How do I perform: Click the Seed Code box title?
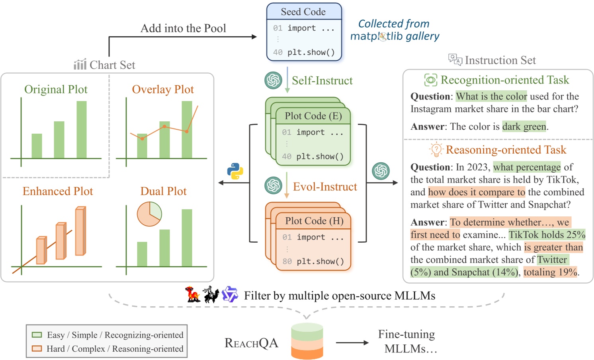(303, 12)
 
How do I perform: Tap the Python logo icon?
(235, 171)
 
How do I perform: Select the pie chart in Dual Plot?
(149, 214)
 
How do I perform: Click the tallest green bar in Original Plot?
(82, 129)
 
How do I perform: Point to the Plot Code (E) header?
(313, 116)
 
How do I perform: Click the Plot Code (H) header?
(314, 221)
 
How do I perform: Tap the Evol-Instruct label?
(325, 187)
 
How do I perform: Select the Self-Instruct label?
(322, 80)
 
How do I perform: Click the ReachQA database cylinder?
(307, 341)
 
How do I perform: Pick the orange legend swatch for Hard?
(37, 348)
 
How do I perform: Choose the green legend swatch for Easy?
(37, 335)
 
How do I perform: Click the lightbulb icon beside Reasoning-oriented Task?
(436, 150)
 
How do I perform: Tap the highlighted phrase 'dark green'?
(524, 126)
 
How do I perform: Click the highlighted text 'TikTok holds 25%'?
(547, 235)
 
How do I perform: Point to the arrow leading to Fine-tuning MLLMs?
(352, 342)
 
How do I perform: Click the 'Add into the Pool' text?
(183, 28)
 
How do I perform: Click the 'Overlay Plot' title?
(163, 90)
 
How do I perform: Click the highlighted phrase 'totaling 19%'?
(550, 272)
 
